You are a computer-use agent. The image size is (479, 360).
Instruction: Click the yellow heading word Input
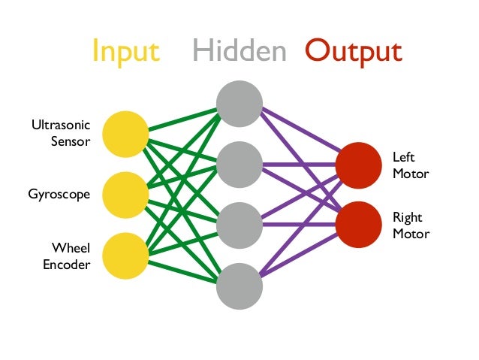[x=125, y=51]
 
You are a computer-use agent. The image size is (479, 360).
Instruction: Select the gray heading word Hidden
[x=239, y=51]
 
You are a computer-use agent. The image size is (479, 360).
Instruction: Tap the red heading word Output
[x=353, y=51]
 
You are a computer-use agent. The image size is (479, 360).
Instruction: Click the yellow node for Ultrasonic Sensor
[x=125, y=134]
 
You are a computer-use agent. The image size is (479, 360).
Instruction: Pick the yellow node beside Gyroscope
[x=125, y=195]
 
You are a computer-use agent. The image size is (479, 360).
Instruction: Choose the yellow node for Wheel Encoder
[x=125, y=256]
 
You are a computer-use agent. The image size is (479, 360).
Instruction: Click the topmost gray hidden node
[x=239, y=103]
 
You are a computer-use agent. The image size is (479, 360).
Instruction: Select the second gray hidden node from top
[x=239, y=164]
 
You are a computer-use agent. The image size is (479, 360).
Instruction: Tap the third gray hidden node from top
[x=239, y=225]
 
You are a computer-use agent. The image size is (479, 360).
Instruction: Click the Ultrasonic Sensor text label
[x=61, y=133]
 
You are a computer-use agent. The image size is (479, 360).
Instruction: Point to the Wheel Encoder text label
[x=65, y=256]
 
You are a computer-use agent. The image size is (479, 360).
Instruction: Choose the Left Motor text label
[x=410, y=165]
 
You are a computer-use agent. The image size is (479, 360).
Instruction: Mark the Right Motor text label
[x=411, y=225]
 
